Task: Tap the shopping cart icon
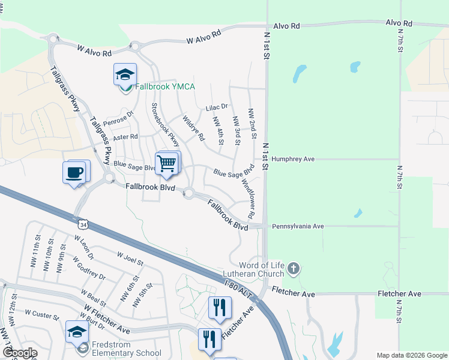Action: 166,163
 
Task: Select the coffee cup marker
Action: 74,173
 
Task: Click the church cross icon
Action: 293,268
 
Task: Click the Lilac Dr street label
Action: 217,107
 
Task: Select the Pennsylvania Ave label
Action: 298,227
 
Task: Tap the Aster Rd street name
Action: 125,137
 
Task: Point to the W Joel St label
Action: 130,259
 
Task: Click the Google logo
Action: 19,353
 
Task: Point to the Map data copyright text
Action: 411,355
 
